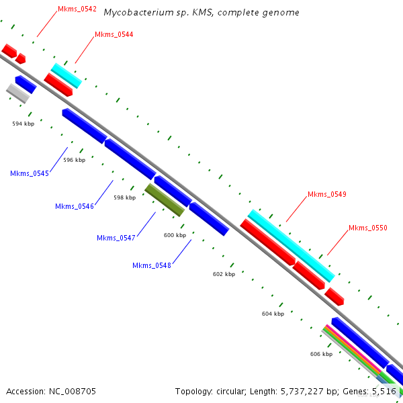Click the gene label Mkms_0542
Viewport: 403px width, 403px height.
tap(77, 9)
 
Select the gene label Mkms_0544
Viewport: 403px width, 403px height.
tap(114, 34)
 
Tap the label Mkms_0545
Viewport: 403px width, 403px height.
tap(30, 173)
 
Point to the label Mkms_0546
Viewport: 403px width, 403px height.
tap(74, 206)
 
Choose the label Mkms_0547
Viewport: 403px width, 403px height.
tap(116, 238)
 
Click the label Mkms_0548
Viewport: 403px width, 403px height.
tap(151, 265)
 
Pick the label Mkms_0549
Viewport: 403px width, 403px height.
tap(326, 195)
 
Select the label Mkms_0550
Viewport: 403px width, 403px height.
tap(367, 228)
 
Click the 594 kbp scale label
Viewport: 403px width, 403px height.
tap(23, 124)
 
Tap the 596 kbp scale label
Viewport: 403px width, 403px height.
tap(75, 160)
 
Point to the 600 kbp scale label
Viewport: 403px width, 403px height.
tap(175, 235)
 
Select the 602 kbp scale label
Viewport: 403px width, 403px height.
tap(224, 274)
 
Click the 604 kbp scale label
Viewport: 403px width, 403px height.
tap(273, 314)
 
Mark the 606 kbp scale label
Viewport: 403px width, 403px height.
tap(321, 354)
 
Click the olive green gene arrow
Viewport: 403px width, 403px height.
tap(165, 199)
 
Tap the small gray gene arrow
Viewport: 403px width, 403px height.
tap(18, 93)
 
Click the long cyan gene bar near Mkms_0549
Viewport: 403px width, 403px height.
tap(291, 245)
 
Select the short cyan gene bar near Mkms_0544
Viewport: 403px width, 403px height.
tap(66, 75)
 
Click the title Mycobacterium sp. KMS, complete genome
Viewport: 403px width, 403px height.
tap(201, 13)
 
